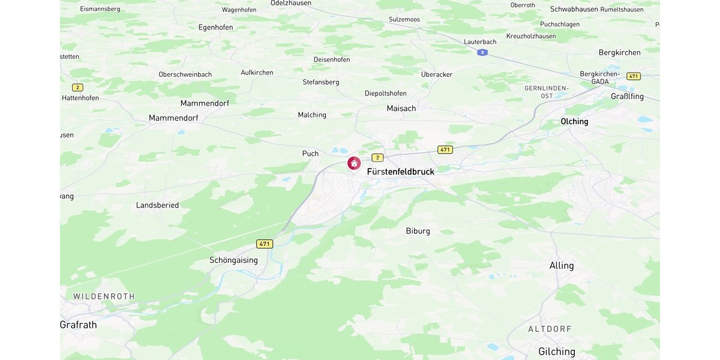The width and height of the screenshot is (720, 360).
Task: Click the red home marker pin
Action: point(354,163)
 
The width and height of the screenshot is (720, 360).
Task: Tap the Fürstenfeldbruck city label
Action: point(400,172)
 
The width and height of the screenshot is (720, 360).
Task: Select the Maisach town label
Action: point(401,109)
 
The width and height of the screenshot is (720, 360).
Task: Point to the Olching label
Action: point(574,121)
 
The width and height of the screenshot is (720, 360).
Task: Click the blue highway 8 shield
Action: point(482,53)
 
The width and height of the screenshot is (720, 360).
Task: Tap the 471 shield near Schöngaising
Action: point(265,244)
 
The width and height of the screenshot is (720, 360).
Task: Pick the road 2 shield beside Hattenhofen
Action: point(77,88)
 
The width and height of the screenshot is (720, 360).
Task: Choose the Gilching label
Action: point(556,352)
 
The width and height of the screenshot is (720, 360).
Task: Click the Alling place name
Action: point(562,265)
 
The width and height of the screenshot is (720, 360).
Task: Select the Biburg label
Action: point(418,231)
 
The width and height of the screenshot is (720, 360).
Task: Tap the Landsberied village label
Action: point(157,205)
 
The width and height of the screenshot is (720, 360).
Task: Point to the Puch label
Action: point(310,154)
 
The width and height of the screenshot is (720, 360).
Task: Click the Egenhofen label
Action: point(215,27)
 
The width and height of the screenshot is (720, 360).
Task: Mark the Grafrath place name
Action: point(79,325)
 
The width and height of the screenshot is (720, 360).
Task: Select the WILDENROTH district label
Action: point(104,296)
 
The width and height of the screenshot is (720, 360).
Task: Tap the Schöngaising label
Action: point(233,260)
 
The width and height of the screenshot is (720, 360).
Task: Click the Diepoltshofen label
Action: point(385,94)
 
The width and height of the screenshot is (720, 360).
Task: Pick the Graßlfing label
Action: point(627,97)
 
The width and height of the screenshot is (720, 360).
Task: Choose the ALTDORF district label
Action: point(550,329)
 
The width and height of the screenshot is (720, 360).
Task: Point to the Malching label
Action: point(312,115)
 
